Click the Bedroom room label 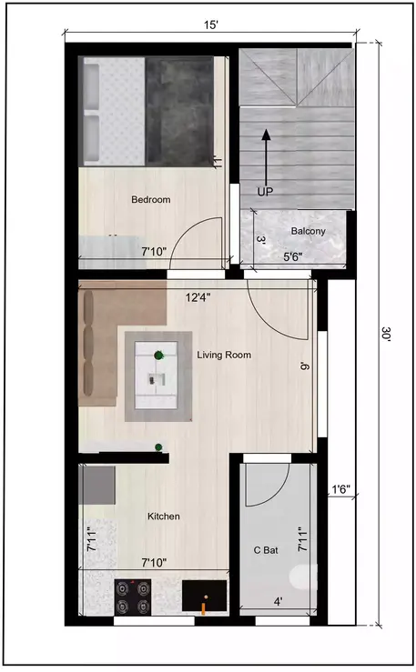(x=150, y=200)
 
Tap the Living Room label (x=224, y=355)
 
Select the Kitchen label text (x=164, y=517)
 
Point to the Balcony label (x=308, y=231)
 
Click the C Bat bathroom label (x=265, y=550)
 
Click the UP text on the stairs (x=265, y=192)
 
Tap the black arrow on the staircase (x=266, y=155)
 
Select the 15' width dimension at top (x=210, y=25)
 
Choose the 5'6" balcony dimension (x=292, y=257)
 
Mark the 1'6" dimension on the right (x=341, y=489)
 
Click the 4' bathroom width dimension (x=279, y=601)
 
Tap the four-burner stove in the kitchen (x=132, y=596)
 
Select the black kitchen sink (x=204, y=596)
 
